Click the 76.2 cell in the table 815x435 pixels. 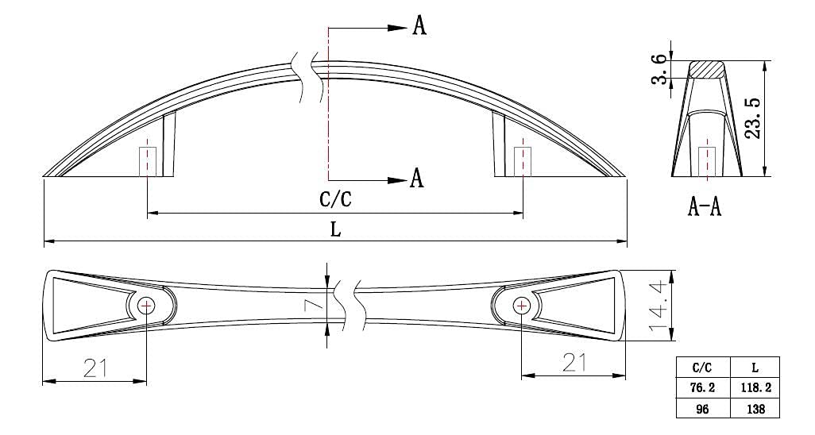point(703,387)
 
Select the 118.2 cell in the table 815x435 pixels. point(755,387)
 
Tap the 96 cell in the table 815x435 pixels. point(703,408)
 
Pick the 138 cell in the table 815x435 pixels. point(755,408)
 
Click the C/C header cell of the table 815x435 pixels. point(703,367)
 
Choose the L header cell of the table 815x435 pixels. point(755,367)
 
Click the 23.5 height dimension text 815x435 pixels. point(752,118)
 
